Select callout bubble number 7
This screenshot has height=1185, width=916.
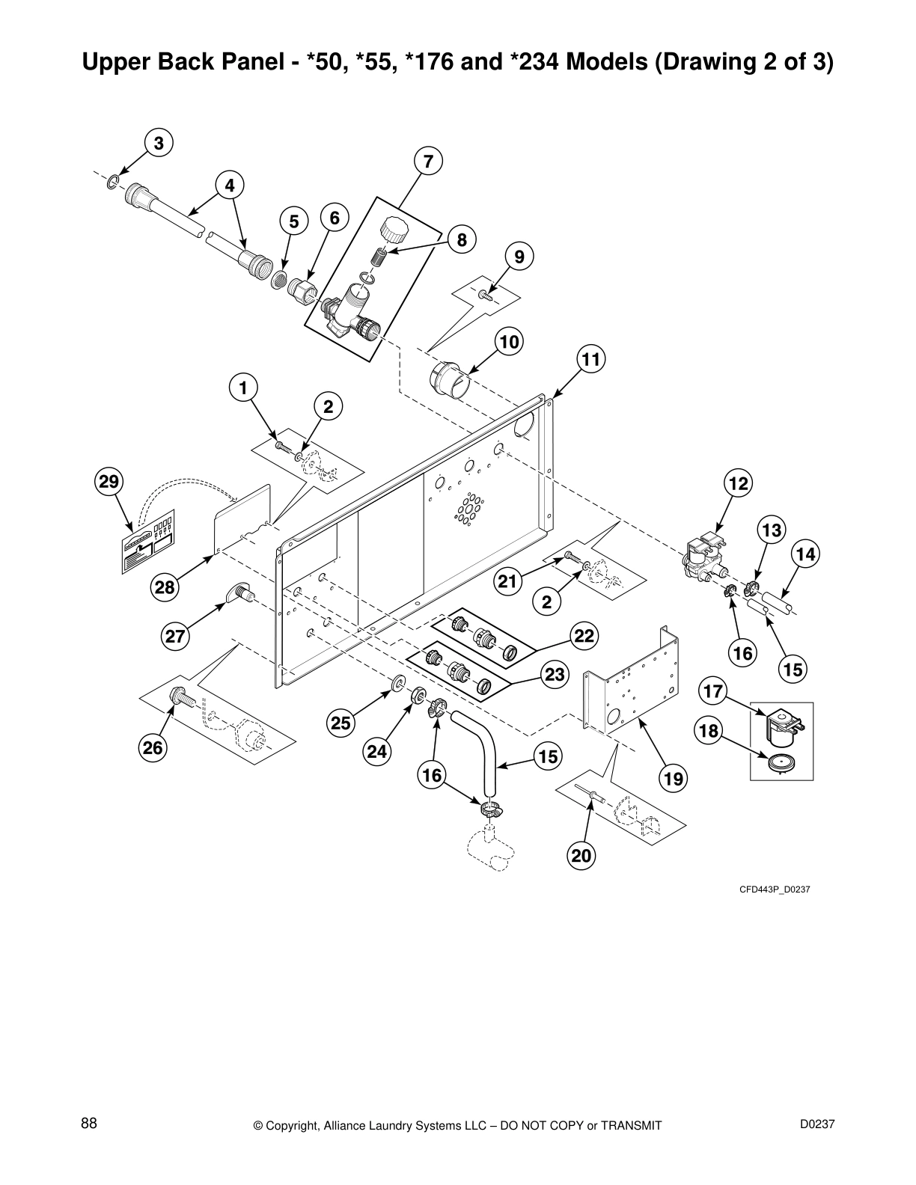428,161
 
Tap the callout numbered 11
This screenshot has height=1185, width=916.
590,360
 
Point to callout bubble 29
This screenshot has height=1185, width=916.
109,481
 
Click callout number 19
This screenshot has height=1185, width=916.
673,779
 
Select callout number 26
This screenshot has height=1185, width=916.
153,747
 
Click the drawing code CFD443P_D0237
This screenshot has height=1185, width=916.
775,889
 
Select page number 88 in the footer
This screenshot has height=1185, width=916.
89,1123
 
